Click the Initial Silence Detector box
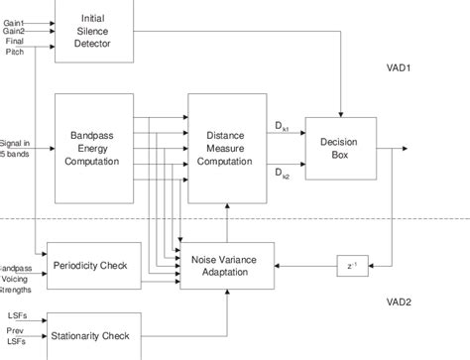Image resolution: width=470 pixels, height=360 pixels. point(93,31)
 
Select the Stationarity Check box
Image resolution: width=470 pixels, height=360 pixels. point(93,334)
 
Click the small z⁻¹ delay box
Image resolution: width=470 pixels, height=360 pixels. point(351,265)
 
